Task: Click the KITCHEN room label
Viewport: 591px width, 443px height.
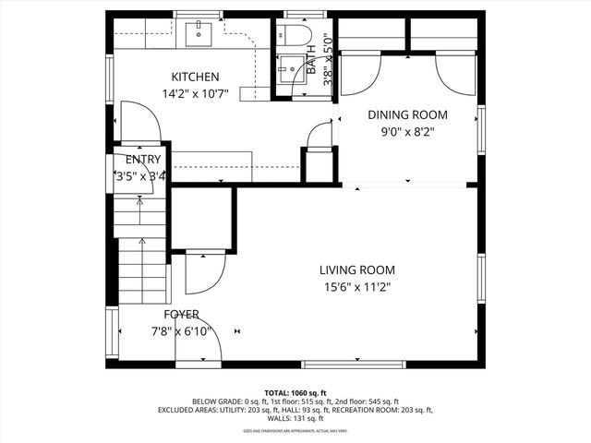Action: tap(195, 77)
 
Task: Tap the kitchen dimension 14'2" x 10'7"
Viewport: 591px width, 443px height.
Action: tap(195, 93)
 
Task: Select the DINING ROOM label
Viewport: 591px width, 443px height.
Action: tap(407, 114)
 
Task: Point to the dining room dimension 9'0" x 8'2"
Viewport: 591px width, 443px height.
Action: tap(407, 131)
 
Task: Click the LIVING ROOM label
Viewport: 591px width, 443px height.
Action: tap(356, 270)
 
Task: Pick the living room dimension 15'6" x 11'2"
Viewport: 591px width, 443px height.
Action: tap(356, 287)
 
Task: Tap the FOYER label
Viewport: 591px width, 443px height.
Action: tap(181, 315)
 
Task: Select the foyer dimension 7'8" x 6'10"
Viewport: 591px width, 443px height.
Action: tap(181, 331)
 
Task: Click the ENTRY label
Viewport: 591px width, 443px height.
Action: tap(137, 159)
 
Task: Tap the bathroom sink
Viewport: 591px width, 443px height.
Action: tap(288, 70)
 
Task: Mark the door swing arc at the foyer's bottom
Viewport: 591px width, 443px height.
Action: tap(202, 346)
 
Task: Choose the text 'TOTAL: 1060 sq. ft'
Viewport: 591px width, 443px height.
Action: tap(295, 392)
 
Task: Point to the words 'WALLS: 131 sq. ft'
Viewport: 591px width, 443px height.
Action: tap(295, 418)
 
